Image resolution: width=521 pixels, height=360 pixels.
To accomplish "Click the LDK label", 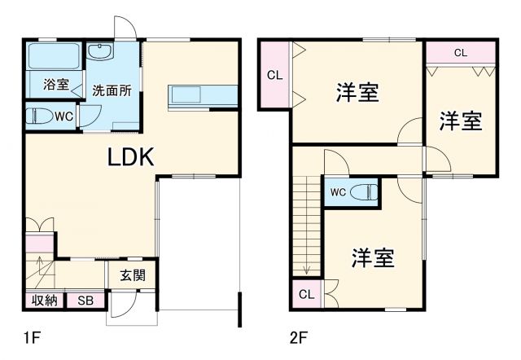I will click(132, 156).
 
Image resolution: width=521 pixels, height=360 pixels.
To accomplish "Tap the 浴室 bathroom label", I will click(55, 83).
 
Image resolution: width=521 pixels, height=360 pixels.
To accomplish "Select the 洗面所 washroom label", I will click(112, 90).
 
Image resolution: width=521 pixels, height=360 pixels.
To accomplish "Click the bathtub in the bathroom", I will click(54, 58).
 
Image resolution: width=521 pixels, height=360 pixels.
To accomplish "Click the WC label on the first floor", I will click(63, 116).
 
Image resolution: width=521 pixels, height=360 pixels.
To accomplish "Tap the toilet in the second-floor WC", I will click(366, 193).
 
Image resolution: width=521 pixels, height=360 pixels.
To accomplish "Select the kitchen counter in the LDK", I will click(204, 94).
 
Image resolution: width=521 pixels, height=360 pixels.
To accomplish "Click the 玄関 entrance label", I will click(133, 276).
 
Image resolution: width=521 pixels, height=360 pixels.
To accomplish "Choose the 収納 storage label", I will click(44, 301).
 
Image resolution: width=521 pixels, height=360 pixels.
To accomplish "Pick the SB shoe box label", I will click(86, 301).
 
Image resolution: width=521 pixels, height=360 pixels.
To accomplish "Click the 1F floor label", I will click(31, 335).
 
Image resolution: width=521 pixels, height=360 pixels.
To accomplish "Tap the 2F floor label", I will click(299, 335).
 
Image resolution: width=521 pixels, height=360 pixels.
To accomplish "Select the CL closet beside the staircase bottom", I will click(307, 294).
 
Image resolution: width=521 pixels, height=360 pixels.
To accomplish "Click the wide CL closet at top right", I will click(460, 53).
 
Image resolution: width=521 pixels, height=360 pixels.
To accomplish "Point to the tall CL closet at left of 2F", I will click(274, 76).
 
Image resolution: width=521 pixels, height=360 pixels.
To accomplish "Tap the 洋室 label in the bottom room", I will click(373, 259).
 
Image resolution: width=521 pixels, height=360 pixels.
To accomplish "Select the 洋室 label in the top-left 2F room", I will click(357, 93).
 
